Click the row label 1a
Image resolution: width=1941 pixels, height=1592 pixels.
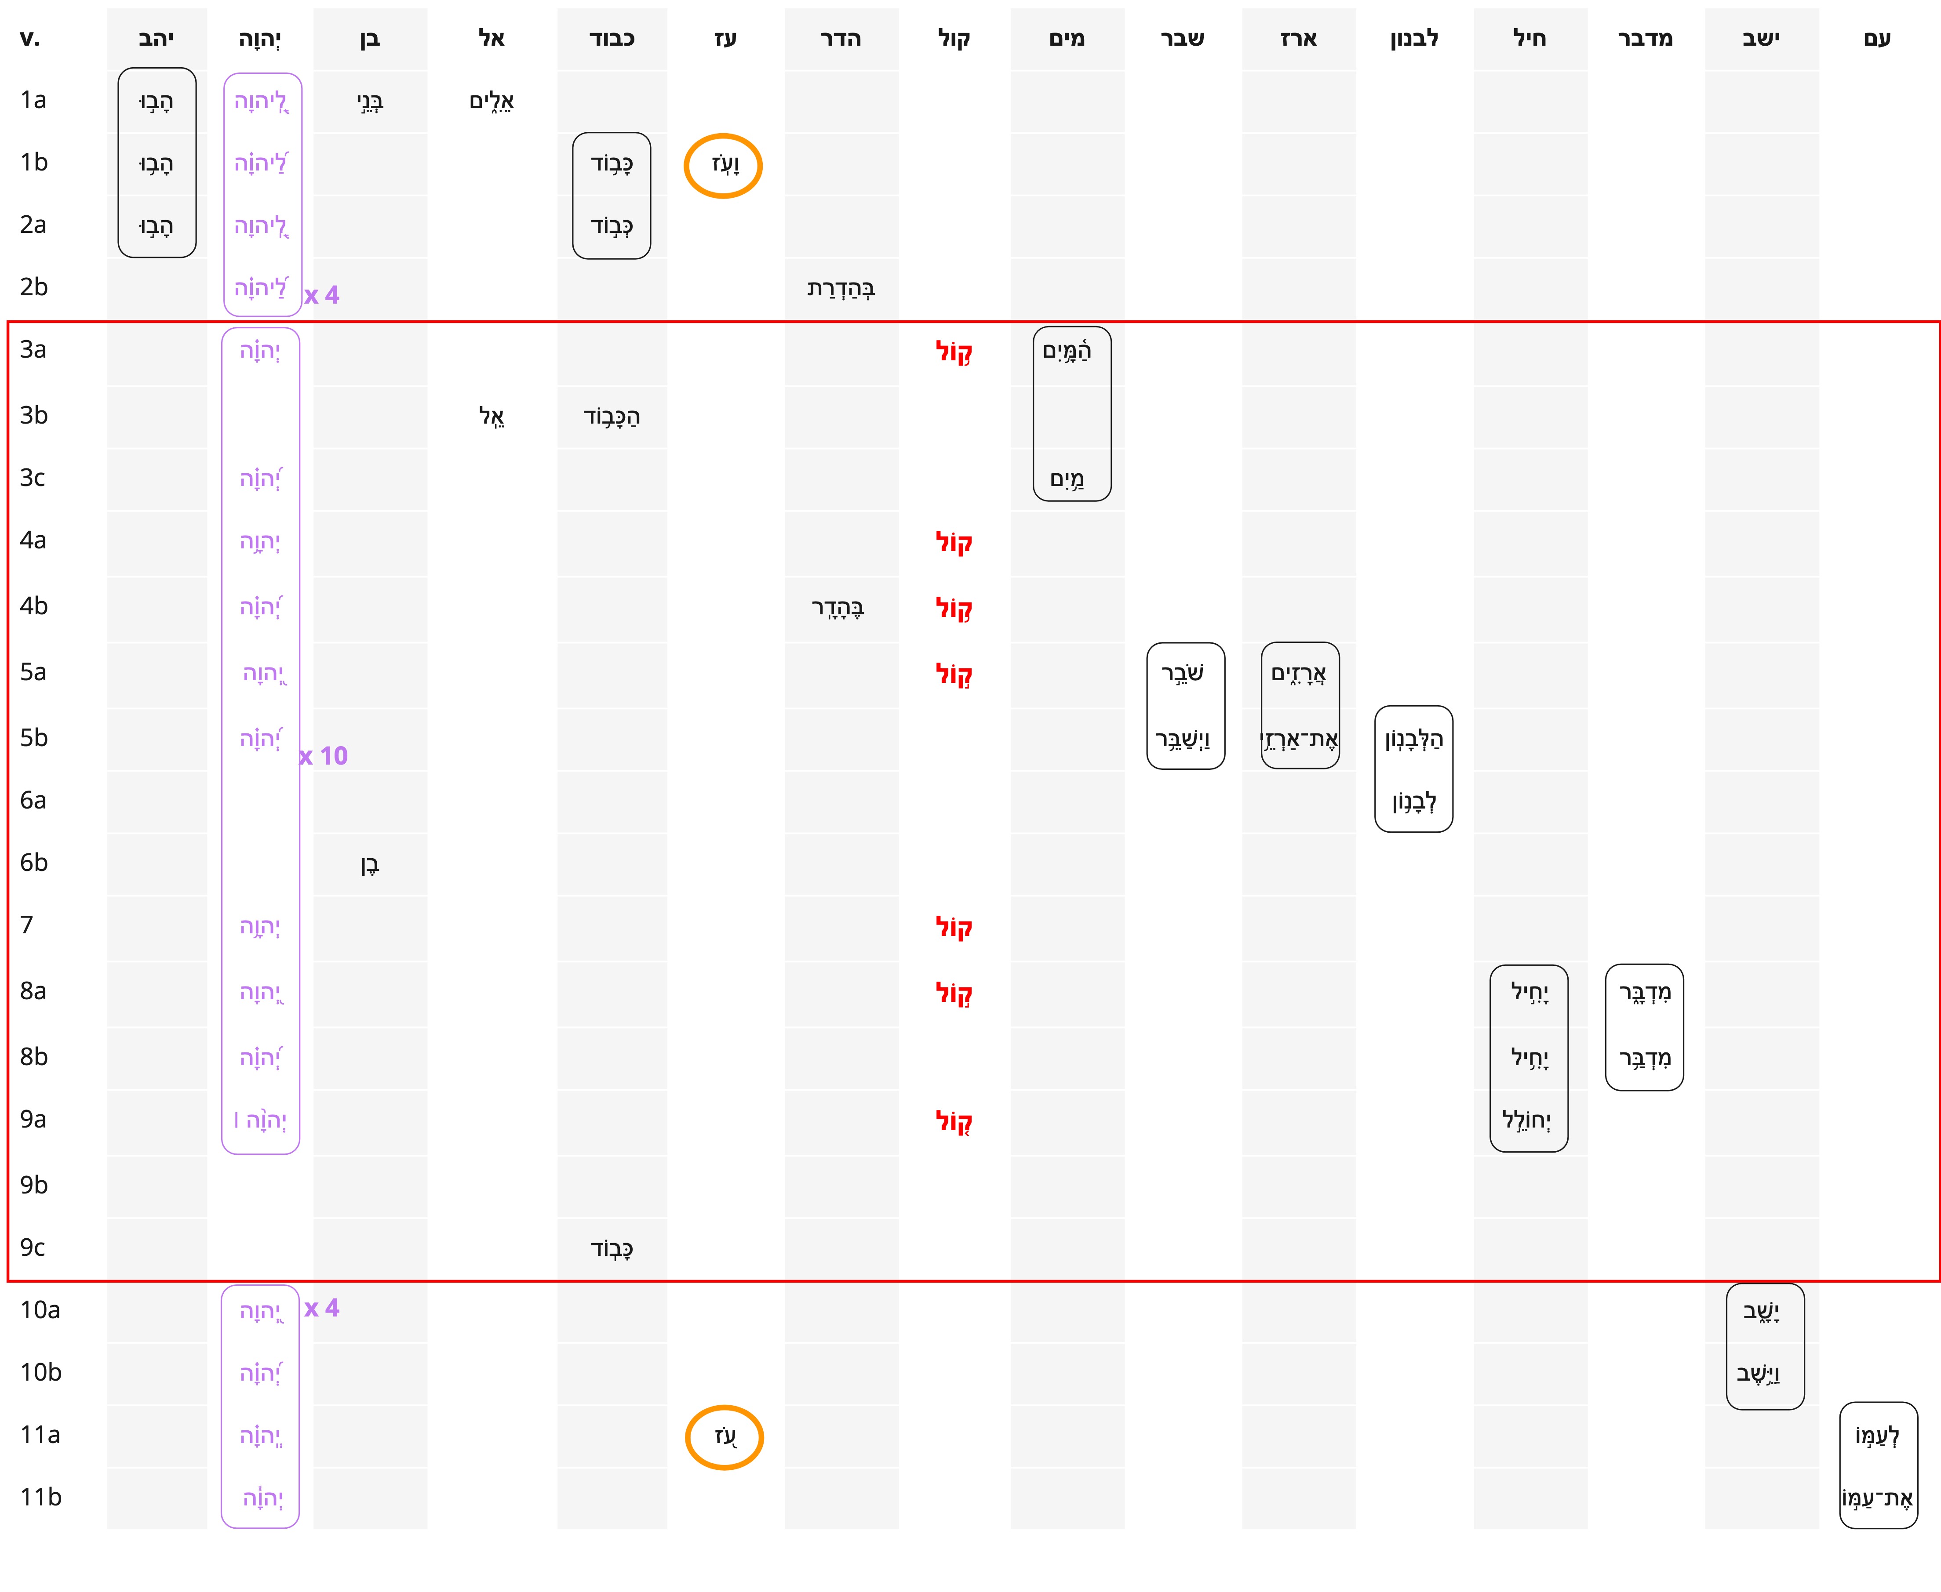click(33, 100)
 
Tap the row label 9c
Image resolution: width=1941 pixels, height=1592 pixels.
click(33, 1247)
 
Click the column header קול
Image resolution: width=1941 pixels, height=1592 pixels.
click(954, 39)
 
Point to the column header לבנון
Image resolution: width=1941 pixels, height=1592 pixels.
click(1413, 39)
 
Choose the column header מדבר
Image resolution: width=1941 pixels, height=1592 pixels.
click(1645, 39)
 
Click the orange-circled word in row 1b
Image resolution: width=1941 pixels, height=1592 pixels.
click(724, 165)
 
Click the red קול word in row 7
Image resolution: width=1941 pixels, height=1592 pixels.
click(954, 927)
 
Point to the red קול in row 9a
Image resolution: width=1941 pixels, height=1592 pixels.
click(954, 1121)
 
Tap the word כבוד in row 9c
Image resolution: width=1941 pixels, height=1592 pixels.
click(612, 1248)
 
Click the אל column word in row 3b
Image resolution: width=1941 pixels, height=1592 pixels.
click(492, 416)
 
